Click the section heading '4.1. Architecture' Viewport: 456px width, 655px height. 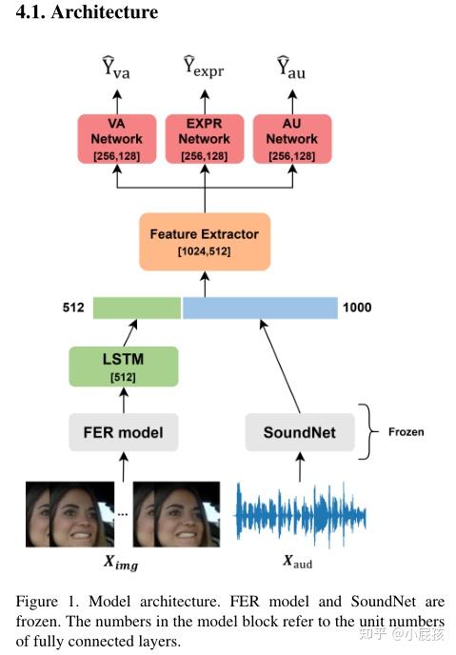point(80,13)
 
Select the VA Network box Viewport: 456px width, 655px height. point(117,140)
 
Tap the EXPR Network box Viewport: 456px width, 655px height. point(205,140)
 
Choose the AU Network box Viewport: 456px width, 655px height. point(291,140)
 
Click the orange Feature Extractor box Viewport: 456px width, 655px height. point(204,241)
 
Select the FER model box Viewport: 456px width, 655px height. point(124,432)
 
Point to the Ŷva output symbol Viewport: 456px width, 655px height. point(117,68)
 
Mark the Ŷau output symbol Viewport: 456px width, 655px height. point(291,68)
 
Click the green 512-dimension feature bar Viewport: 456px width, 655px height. point(136,308)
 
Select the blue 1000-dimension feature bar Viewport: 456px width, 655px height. point(260,308)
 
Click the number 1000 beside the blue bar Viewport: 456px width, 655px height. point(358,308)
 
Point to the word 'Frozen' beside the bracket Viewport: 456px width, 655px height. point(406,431)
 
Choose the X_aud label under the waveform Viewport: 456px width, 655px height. point(297,563)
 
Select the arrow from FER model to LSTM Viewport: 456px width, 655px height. point(124,400)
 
